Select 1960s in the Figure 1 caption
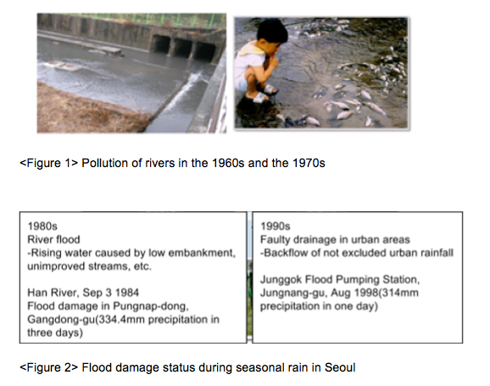point(228,163)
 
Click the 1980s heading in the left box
point(42,227)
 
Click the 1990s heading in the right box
point(275,227)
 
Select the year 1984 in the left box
point(127,293)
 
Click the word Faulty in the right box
point(276,239)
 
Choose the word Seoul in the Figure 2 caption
point(340,367)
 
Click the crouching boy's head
point(272,33)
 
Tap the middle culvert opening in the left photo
point(182,48)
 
